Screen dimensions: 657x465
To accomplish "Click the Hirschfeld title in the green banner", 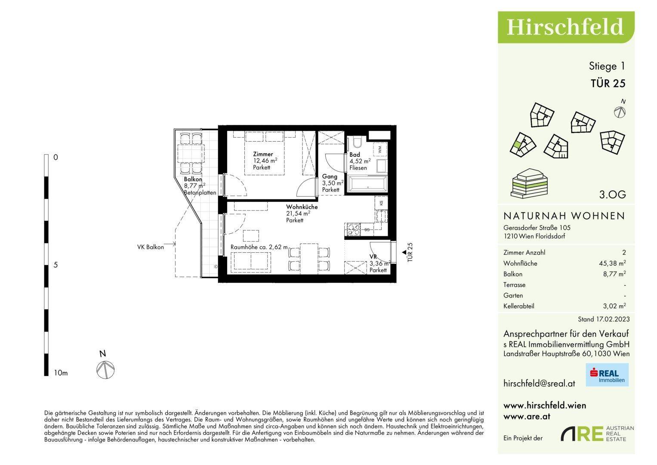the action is [x=564, y=27].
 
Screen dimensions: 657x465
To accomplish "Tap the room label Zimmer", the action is [x=263, y=154].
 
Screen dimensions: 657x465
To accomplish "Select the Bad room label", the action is [x=355, y=155].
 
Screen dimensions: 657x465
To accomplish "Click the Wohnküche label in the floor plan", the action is [x=302, y=207].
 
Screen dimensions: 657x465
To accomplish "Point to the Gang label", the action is [x=330, y=177].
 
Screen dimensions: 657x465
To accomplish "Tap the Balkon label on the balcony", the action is [x=193, y=179].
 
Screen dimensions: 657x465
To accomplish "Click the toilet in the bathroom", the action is [x=357, y=142].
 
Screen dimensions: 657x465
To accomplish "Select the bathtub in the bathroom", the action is [x=367, y=184].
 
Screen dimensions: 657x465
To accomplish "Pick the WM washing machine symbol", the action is [x=380, y=149].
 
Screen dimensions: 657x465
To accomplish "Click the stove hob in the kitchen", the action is [x=353, y=229].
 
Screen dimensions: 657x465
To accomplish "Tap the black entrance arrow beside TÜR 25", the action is [x=404, y=252].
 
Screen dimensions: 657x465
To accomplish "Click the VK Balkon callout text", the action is [x=151, y=247].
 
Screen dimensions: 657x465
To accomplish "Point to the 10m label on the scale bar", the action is [x=61, y=373].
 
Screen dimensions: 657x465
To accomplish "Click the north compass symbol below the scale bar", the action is [x=105, y=369].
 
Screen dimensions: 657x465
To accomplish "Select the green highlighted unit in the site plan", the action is [x=518, y=145].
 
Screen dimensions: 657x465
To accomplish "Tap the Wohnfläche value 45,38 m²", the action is [x=612, y=263].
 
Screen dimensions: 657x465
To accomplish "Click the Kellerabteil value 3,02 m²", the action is [x=614, y=306].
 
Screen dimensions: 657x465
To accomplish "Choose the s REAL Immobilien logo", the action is [x=607, y=375].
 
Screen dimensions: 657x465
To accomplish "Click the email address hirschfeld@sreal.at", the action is [x=539, y=383].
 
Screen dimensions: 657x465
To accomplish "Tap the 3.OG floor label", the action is [x=612, y=194].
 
